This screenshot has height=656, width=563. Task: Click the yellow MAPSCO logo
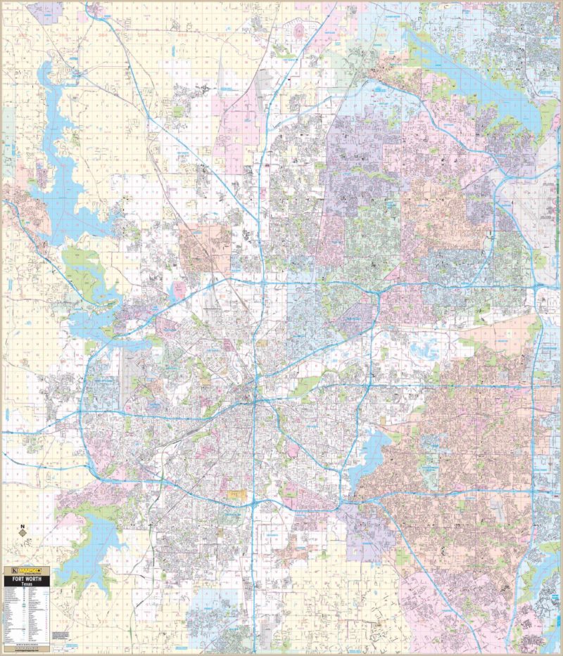pos(30,570)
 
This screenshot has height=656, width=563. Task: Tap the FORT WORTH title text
pos(27,579)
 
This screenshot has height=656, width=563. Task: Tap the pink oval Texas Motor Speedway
pos(298,30)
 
